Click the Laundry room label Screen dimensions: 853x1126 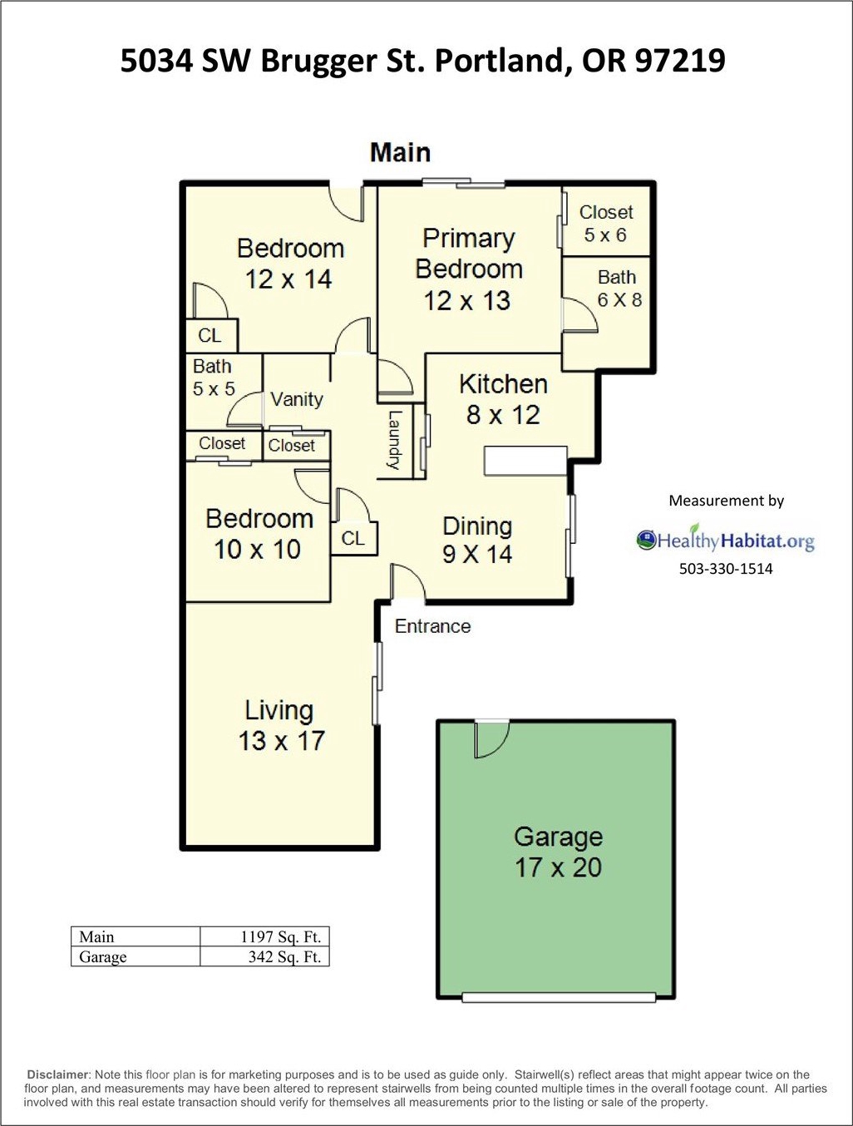pos(394,440)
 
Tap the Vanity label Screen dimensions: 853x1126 pos(297,399)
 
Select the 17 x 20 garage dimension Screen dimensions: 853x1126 pos(558,867)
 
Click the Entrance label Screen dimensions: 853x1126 pos(432,626)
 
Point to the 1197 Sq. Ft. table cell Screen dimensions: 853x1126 pos(264,936)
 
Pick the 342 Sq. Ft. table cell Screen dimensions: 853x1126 pos(264,956)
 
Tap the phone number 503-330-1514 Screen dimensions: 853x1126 pos(726,568)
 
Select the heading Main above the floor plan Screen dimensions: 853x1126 pos(401,152)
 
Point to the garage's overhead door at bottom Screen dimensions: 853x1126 pos(559,997)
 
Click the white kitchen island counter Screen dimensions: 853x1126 pos(526,461)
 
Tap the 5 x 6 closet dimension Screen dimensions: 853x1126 pos(605,235)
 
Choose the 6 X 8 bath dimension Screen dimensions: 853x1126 pos(619,299)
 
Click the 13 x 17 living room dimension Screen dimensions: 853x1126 pos(282,741)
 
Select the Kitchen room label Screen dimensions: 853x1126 pos(503,383)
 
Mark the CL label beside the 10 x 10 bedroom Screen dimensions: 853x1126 pos(353,539)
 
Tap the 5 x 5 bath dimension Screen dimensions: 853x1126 pos(214,388)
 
